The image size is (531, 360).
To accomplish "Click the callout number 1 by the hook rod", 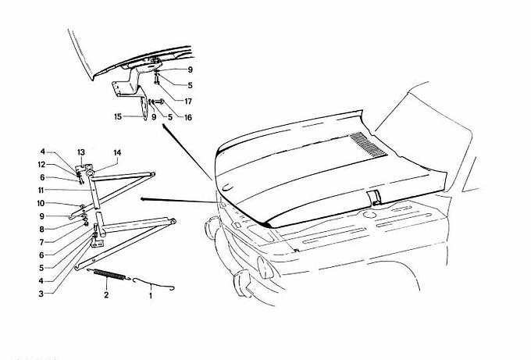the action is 151,296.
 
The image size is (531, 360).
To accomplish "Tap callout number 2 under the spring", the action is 106,294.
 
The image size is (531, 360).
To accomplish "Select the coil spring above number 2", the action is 109,274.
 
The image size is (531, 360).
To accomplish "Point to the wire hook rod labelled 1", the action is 153,283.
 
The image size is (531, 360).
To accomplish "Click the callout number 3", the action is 41,294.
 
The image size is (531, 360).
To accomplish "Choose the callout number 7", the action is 41,242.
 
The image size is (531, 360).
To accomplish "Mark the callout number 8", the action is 41,230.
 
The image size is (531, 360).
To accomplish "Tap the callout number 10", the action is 41,203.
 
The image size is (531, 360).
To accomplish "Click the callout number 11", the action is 41,191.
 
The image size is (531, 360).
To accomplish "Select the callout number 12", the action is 41,165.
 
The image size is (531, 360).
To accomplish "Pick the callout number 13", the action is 81,152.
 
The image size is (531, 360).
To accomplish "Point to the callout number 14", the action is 117,152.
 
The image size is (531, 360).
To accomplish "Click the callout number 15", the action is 118,117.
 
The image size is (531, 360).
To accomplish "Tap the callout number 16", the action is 188,117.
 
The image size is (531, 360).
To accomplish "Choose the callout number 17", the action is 188,102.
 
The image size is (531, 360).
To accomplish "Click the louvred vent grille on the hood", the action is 369,144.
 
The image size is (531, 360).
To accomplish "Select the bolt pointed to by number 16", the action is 159,102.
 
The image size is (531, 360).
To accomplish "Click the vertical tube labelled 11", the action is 95,191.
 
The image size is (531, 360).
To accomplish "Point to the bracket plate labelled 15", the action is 144,108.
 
